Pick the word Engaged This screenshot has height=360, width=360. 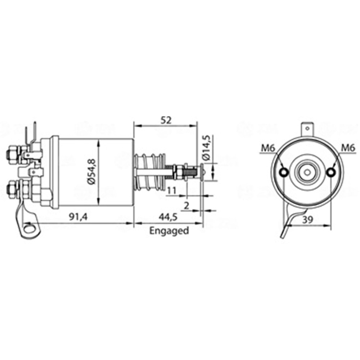pyautogui.click(x=169, y=231)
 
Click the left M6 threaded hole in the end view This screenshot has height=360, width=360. pyautogui.click(x=284, y=173)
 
